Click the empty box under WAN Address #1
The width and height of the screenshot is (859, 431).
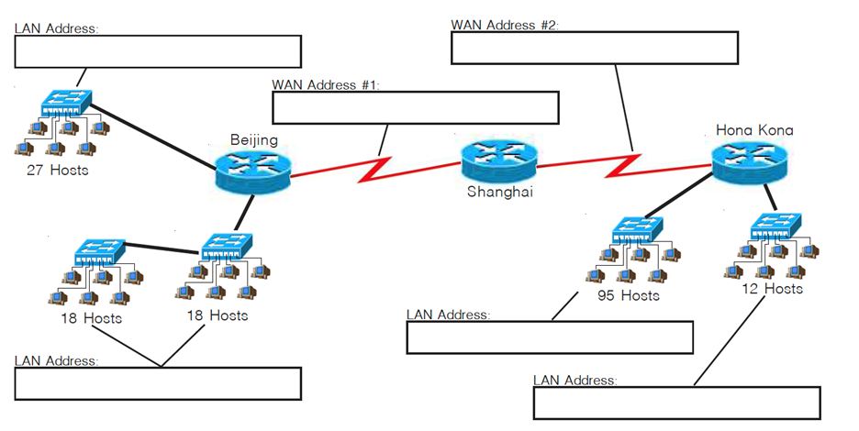[x=416, y=107]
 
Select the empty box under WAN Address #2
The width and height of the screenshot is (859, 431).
[x=594, y=49]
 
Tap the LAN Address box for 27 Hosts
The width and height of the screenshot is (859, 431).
[x=158, y=51]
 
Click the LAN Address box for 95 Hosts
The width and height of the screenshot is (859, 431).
[x=549, y=337]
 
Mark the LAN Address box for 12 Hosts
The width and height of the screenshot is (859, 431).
[x=676, y=403]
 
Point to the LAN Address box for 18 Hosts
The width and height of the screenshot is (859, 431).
[x=158, y=384]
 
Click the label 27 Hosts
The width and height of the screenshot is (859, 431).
[x=56, y=171]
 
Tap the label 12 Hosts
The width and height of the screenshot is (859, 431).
[x=772, y=289]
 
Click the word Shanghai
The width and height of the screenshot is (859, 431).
[x=499, y=193]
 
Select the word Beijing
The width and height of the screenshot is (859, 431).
[x=254, y=140]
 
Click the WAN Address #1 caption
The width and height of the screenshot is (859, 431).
[x=326, y=84]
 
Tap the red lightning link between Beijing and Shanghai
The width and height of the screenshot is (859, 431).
[x=376, y=169]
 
